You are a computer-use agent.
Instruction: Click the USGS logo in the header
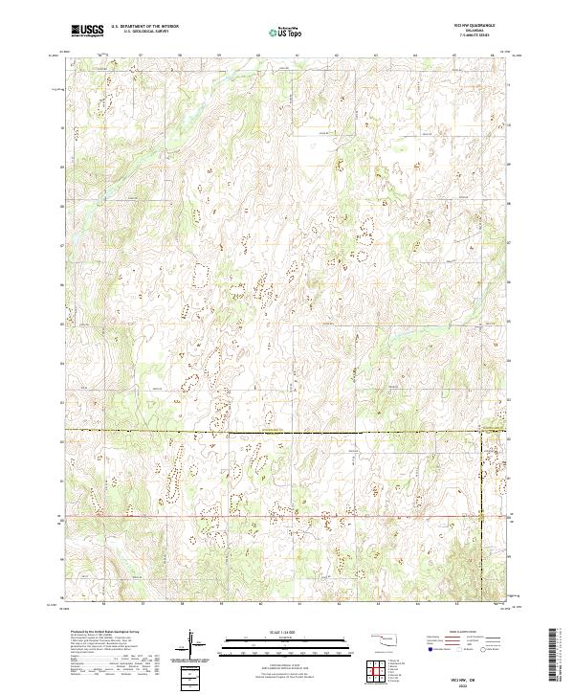[x=87, y=31]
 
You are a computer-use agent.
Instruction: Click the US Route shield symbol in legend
[x=461, y=649]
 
